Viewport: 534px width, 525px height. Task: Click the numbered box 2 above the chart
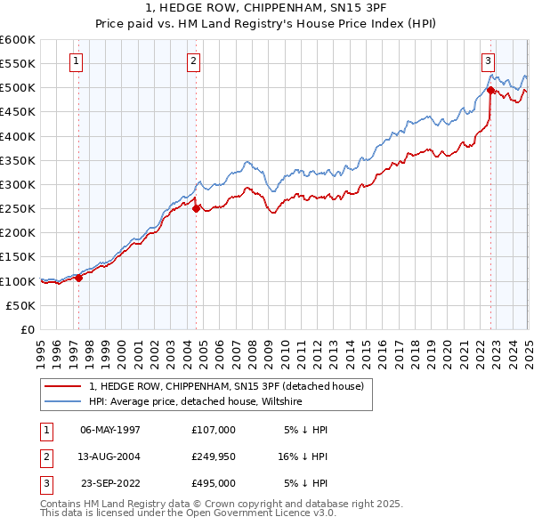193,61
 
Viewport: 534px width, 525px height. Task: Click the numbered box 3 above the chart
488,61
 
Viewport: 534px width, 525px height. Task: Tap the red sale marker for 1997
78,278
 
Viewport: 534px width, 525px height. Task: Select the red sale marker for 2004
197,208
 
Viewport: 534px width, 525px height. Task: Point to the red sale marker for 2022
490,90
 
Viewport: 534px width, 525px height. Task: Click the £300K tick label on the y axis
18,184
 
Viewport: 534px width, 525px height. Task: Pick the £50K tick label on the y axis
21,305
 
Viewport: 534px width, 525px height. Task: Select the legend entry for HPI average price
196,402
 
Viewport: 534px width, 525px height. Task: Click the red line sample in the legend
62,387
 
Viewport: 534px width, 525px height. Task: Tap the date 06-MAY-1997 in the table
110,430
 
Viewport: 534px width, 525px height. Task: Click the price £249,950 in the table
214,457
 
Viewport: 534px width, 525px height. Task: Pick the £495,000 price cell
214,485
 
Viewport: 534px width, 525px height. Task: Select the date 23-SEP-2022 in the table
110,485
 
